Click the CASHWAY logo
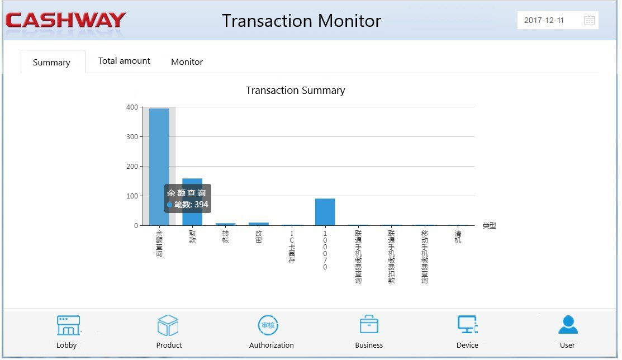coord(66,21)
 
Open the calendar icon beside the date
coord(589,21)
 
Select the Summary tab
coord(51,63)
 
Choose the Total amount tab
coord(124,61)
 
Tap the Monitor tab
coord(187,62)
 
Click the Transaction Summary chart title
coord(295,91)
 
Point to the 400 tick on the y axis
coord(132,107)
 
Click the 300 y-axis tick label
coord(132,136)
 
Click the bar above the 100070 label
coord(325,212)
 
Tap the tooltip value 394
coord(201,205)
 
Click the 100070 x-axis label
coord(325,250)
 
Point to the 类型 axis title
coord(489,226)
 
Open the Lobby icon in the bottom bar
coord(68,325)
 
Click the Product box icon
coord(168,325)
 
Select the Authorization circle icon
coord(268,325)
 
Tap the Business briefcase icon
coord(369,325)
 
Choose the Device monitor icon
coord(467,325)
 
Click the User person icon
coord(568,325)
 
